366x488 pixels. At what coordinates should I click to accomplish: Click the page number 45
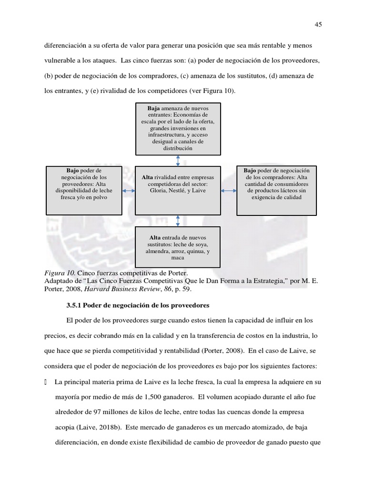tap(318, 25)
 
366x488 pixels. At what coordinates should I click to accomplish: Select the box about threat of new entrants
tap(178, 129)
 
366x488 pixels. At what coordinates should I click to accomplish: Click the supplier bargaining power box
tap(84, 190)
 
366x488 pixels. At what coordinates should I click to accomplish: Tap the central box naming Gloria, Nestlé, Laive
tap(178, 190)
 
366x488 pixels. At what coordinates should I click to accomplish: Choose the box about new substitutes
tap(178, 247)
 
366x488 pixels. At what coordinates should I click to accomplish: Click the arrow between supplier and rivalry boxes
tap(129, 191)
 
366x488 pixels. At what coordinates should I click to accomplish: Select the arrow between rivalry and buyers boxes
tap(229, 191)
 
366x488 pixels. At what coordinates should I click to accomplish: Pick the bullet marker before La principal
tap(46, 381)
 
